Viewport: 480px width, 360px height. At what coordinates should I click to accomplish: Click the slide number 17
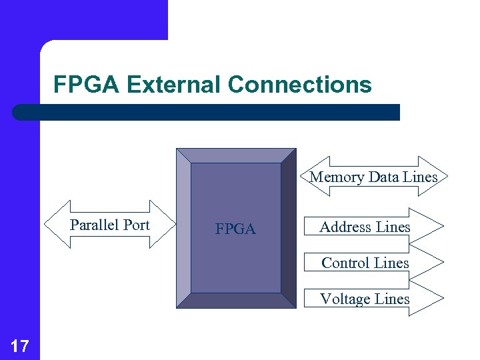(x=20, y=345)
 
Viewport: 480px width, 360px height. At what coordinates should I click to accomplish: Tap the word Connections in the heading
(x=299, y=85)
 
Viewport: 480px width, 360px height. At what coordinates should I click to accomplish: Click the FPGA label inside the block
(x=235, y=229)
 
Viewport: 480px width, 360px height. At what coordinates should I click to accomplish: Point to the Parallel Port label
(x=110, y=225)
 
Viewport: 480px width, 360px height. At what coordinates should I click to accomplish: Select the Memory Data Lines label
(x=373, y=177)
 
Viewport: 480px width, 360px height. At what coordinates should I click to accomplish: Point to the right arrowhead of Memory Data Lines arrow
(x=439, y=176)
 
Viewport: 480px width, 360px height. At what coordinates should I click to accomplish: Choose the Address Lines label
(x=365, y=227)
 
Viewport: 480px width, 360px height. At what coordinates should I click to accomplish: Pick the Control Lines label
(x=365, y=263)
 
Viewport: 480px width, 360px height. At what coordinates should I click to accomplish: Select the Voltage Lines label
(x=365, y=299)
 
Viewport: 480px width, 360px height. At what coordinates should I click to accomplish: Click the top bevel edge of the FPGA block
(x=236, y=155)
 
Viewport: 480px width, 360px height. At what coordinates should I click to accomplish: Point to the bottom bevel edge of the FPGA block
(x=236, y=301)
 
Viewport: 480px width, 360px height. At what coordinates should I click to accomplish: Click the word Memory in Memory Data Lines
(x=337, y=177)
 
